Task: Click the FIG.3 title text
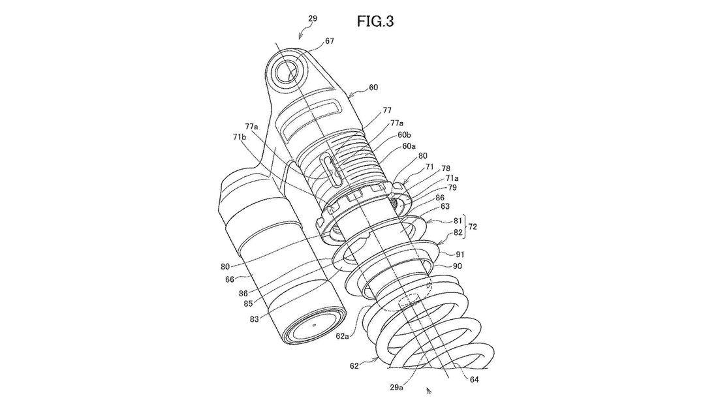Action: coord(375,22)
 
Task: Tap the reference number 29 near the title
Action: coord(313,19)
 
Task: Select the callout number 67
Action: coord(330,40)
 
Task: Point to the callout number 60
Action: coord(373,87)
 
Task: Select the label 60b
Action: coord(404,134)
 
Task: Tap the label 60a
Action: coord(409,146)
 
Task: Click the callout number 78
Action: coord(446,168)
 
